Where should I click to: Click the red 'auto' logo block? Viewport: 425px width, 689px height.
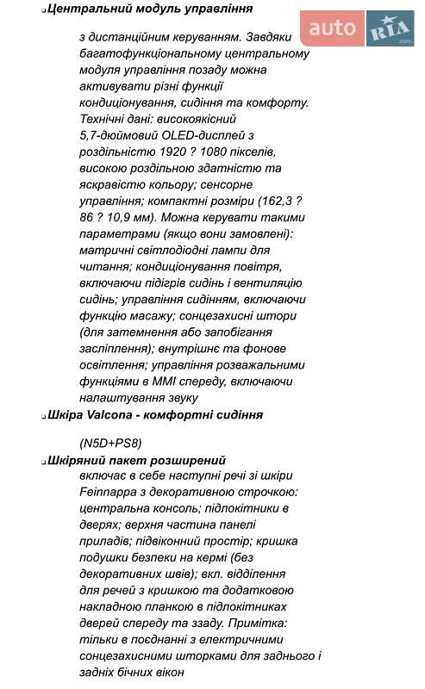(x=332, y=28)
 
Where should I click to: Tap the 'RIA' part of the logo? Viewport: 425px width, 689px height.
(x=390, y=29)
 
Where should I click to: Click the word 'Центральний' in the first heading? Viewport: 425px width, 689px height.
(x=90, y=9)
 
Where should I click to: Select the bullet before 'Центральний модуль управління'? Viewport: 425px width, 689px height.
(x=43, y=9)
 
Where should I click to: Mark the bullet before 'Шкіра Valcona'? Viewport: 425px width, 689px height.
(x=43, y=415)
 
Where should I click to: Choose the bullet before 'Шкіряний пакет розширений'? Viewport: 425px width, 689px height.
(x=43, y=461)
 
